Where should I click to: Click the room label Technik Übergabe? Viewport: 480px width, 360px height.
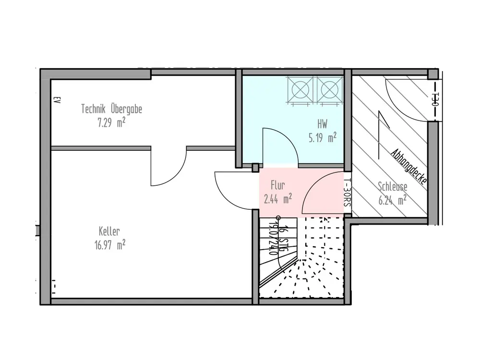(111, 109)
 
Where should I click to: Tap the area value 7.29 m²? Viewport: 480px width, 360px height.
(111, 123)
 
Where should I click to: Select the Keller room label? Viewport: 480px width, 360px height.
(110, 231)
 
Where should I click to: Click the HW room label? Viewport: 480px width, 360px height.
(323, 124)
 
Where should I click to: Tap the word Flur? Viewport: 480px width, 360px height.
(278, 184)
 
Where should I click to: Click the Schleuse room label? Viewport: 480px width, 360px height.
(392, 186)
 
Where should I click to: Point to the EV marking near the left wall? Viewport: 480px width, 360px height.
(57, 101)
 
